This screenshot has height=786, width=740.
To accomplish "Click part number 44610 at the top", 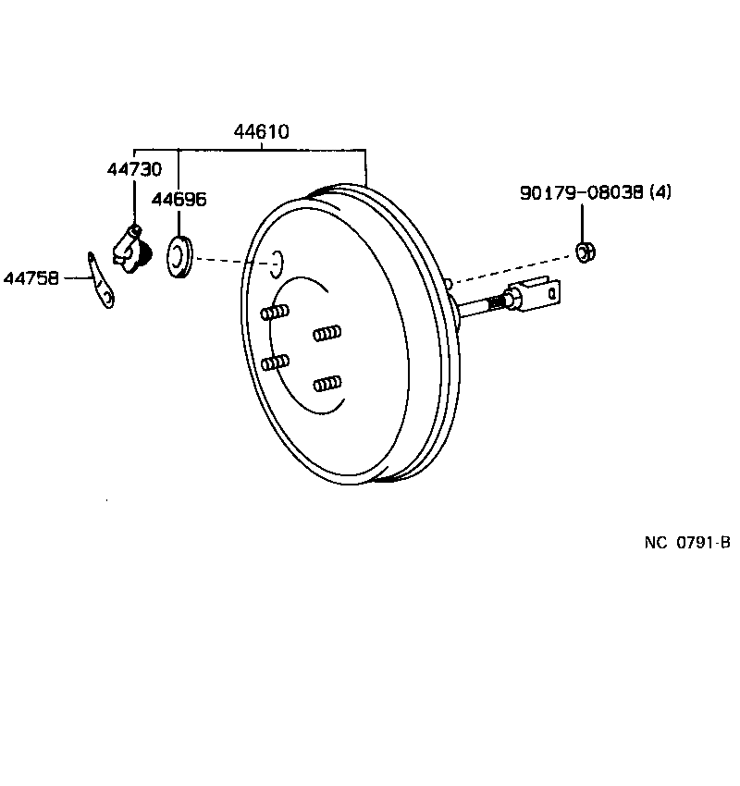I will [261, 132].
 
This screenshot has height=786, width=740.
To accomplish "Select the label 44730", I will [134, 169].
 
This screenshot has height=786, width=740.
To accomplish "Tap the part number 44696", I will [179, 199].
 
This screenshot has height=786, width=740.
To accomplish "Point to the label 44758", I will [31, 276].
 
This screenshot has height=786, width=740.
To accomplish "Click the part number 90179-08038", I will [582, 193].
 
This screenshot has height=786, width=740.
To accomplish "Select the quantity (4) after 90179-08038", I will [660, 193].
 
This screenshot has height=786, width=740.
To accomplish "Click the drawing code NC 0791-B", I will [687, 544].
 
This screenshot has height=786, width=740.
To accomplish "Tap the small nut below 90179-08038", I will [584, 251].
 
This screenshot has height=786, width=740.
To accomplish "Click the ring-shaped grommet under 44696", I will [179, 256].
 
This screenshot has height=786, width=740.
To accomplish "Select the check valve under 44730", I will [130, 249].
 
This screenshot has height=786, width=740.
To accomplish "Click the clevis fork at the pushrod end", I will [540, 295].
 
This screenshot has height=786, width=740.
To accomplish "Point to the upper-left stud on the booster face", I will [276, 313].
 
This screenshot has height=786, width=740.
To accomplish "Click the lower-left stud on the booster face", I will [276, 362].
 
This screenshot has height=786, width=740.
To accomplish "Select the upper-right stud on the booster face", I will [327, 332].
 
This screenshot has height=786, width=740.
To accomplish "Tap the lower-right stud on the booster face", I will [327, 382].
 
